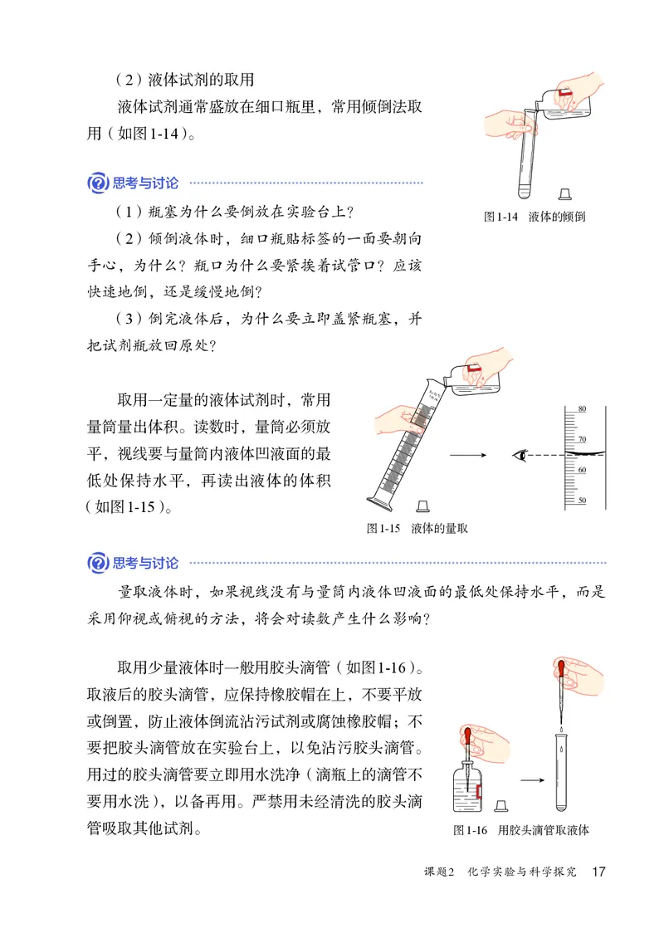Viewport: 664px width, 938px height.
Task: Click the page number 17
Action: click(x=598, y=872)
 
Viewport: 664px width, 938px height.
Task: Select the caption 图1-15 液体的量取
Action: click(x=417, y=528)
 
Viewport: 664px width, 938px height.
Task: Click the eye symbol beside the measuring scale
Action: click(x=520, y=455)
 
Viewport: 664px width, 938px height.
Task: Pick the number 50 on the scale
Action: click(x=582, y=501)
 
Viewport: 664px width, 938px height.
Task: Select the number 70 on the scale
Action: click(x=582, y=439)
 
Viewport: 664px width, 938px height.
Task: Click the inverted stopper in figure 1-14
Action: click(x=564, y=193)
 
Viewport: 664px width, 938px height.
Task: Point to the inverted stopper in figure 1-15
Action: click(x=423, y=505)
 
